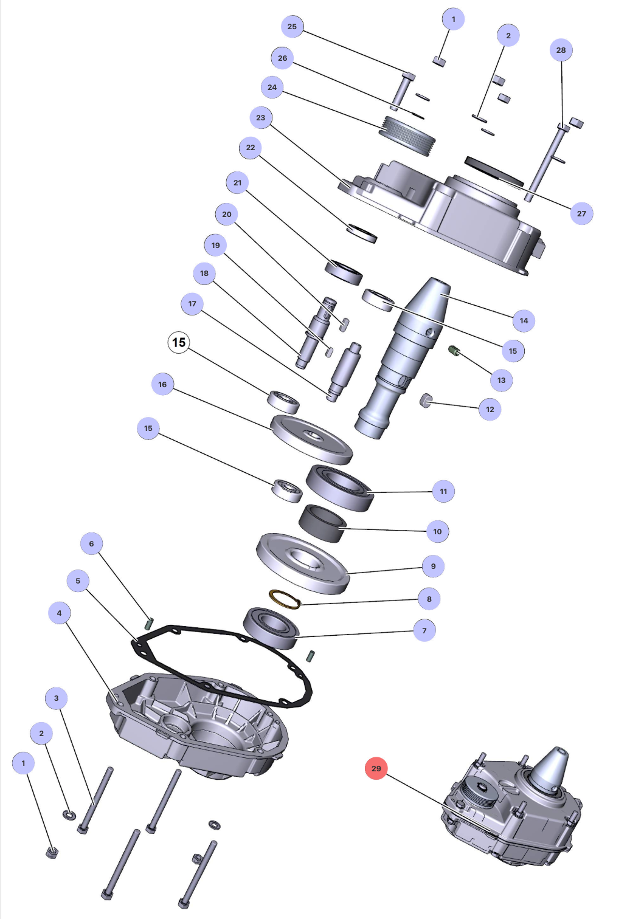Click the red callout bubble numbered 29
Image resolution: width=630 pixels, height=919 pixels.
(x=376, y=768)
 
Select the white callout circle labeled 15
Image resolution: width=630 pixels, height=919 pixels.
(x=179, y=342)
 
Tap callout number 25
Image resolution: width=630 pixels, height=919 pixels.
(x=292, y=26)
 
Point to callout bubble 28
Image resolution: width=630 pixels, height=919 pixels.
(x=561, y=50)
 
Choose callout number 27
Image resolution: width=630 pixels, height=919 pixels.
(x=581, y=213)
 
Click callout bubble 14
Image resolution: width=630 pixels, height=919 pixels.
(x=524, y=320)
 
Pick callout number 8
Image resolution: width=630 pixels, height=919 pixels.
(x=429, y=599)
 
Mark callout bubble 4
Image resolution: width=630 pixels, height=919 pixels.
(x=59, y=613)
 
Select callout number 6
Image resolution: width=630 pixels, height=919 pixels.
(x=91, y=543)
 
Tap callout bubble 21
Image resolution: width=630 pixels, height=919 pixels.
(x=237, y=182)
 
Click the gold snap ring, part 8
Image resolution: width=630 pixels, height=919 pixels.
(x=285, y=599)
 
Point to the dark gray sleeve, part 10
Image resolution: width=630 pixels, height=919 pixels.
(x=322, y=522)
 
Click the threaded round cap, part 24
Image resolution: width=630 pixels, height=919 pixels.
(x=406, y=136)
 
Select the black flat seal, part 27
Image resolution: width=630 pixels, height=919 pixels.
(x=494, y=170)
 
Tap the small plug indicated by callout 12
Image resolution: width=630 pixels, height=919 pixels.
(x=426, y=400)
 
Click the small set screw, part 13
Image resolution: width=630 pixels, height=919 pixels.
(x=454, y=350)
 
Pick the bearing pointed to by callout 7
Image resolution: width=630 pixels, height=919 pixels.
(x=271, y=628)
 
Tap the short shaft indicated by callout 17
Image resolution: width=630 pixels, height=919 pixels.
(x=344, y=371)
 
